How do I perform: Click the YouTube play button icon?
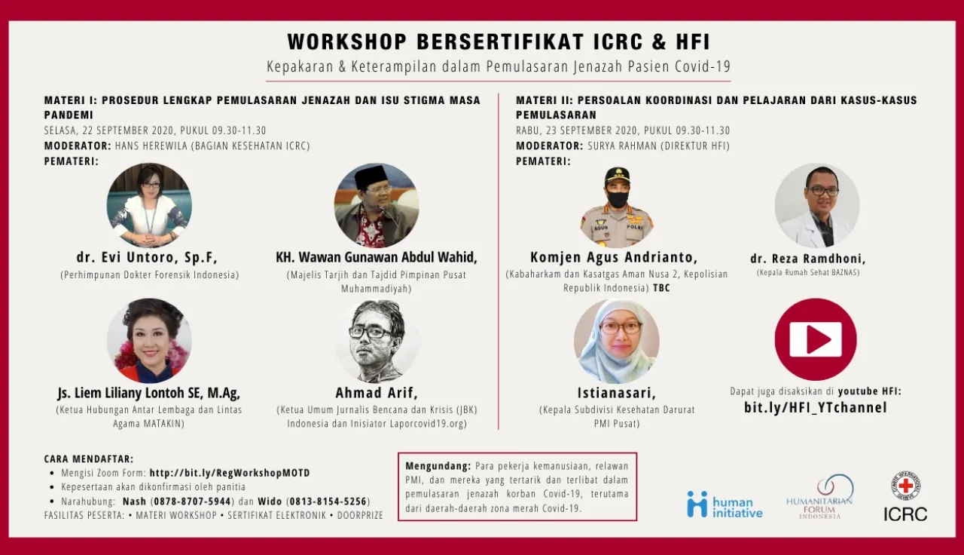point(816,339)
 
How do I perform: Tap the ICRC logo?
point(905,496)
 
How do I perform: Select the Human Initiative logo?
point(725,504)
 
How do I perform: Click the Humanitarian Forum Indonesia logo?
point(819,496)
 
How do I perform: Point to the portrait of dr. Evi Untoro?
point(149,205)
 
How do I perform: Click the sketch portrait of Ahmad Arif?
point(377,341)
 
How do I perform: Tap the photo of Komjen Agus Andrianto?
point(616,206)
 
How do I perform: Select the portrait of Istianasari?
point(616,341)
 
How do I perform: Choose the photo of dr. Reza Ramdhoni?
point(817,206)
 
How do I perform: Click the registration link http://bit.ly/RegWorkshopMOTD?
point(230,473)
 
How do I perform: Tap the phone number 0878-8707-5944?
point(192,501)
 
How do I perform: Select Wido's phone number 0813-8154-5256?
point(328,501)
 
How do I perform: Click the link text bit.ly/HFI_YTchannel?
point(816,407)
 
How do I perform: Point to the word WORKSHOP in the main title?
point(347,41)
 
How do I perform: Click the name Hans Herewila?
point(151,146)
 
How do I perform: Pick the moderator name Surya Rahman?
point(622,146)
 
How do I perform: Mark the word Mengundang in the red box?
point(438,466)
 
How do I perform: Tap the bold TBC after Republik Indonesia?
point(661,288)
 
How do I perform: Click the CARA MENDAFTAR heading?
point(89,458)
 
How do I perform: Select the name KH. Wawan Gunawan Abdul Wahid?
point(377,257)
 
